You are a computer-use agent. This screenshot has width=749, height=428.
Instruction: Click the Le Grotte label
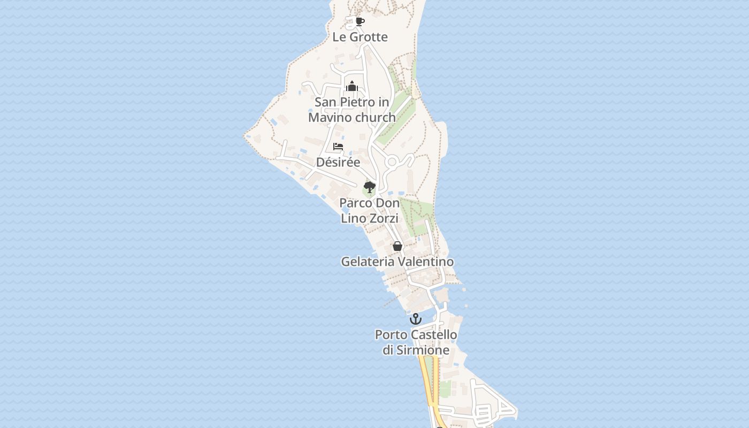point(360,37)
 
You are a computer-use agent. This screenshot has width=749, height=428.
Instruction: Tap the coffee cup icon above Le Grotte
point(360,21)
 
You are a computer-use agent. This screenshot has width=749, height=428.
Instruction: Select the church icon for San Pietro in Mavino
point(352,86)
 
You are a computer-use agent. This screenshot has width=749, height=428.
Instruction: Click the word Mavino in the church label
point(330,117)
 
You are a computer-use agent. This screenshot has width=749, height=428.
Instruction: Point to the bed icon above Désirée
point(338,146)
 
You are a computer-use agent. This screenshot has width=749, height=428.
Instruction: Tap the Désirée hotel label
point(338,162)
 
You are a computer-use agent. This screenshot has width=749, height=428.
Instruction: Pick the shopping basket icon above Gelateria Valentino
point(398,246)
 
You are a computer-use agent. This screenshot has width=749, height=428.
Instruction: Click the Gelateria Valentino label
point(398,262)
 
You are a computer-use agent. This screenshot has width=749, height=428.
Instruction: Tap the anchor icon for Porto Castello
point(416,319)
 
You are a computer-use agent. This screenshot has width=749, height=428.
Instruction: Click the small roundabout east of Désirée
point(392,162)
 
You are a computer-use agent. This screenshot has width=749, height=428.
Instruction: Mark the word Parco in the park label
point(354,203)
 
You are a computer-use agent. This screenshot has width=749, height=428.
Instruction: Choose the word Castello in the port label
point(434,335)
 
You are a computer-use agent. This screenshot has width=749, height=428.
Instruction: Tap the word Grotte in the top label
point(369,37)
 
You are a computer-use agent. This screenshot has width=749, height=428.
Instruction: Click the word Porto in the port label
point(391,335)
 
